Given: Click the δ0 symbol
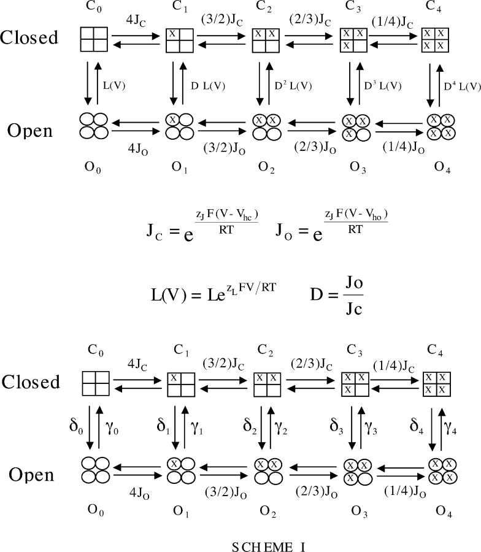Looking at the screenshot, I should (77, 427).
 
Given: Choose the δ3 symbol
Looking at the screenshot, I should (337, 427).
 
